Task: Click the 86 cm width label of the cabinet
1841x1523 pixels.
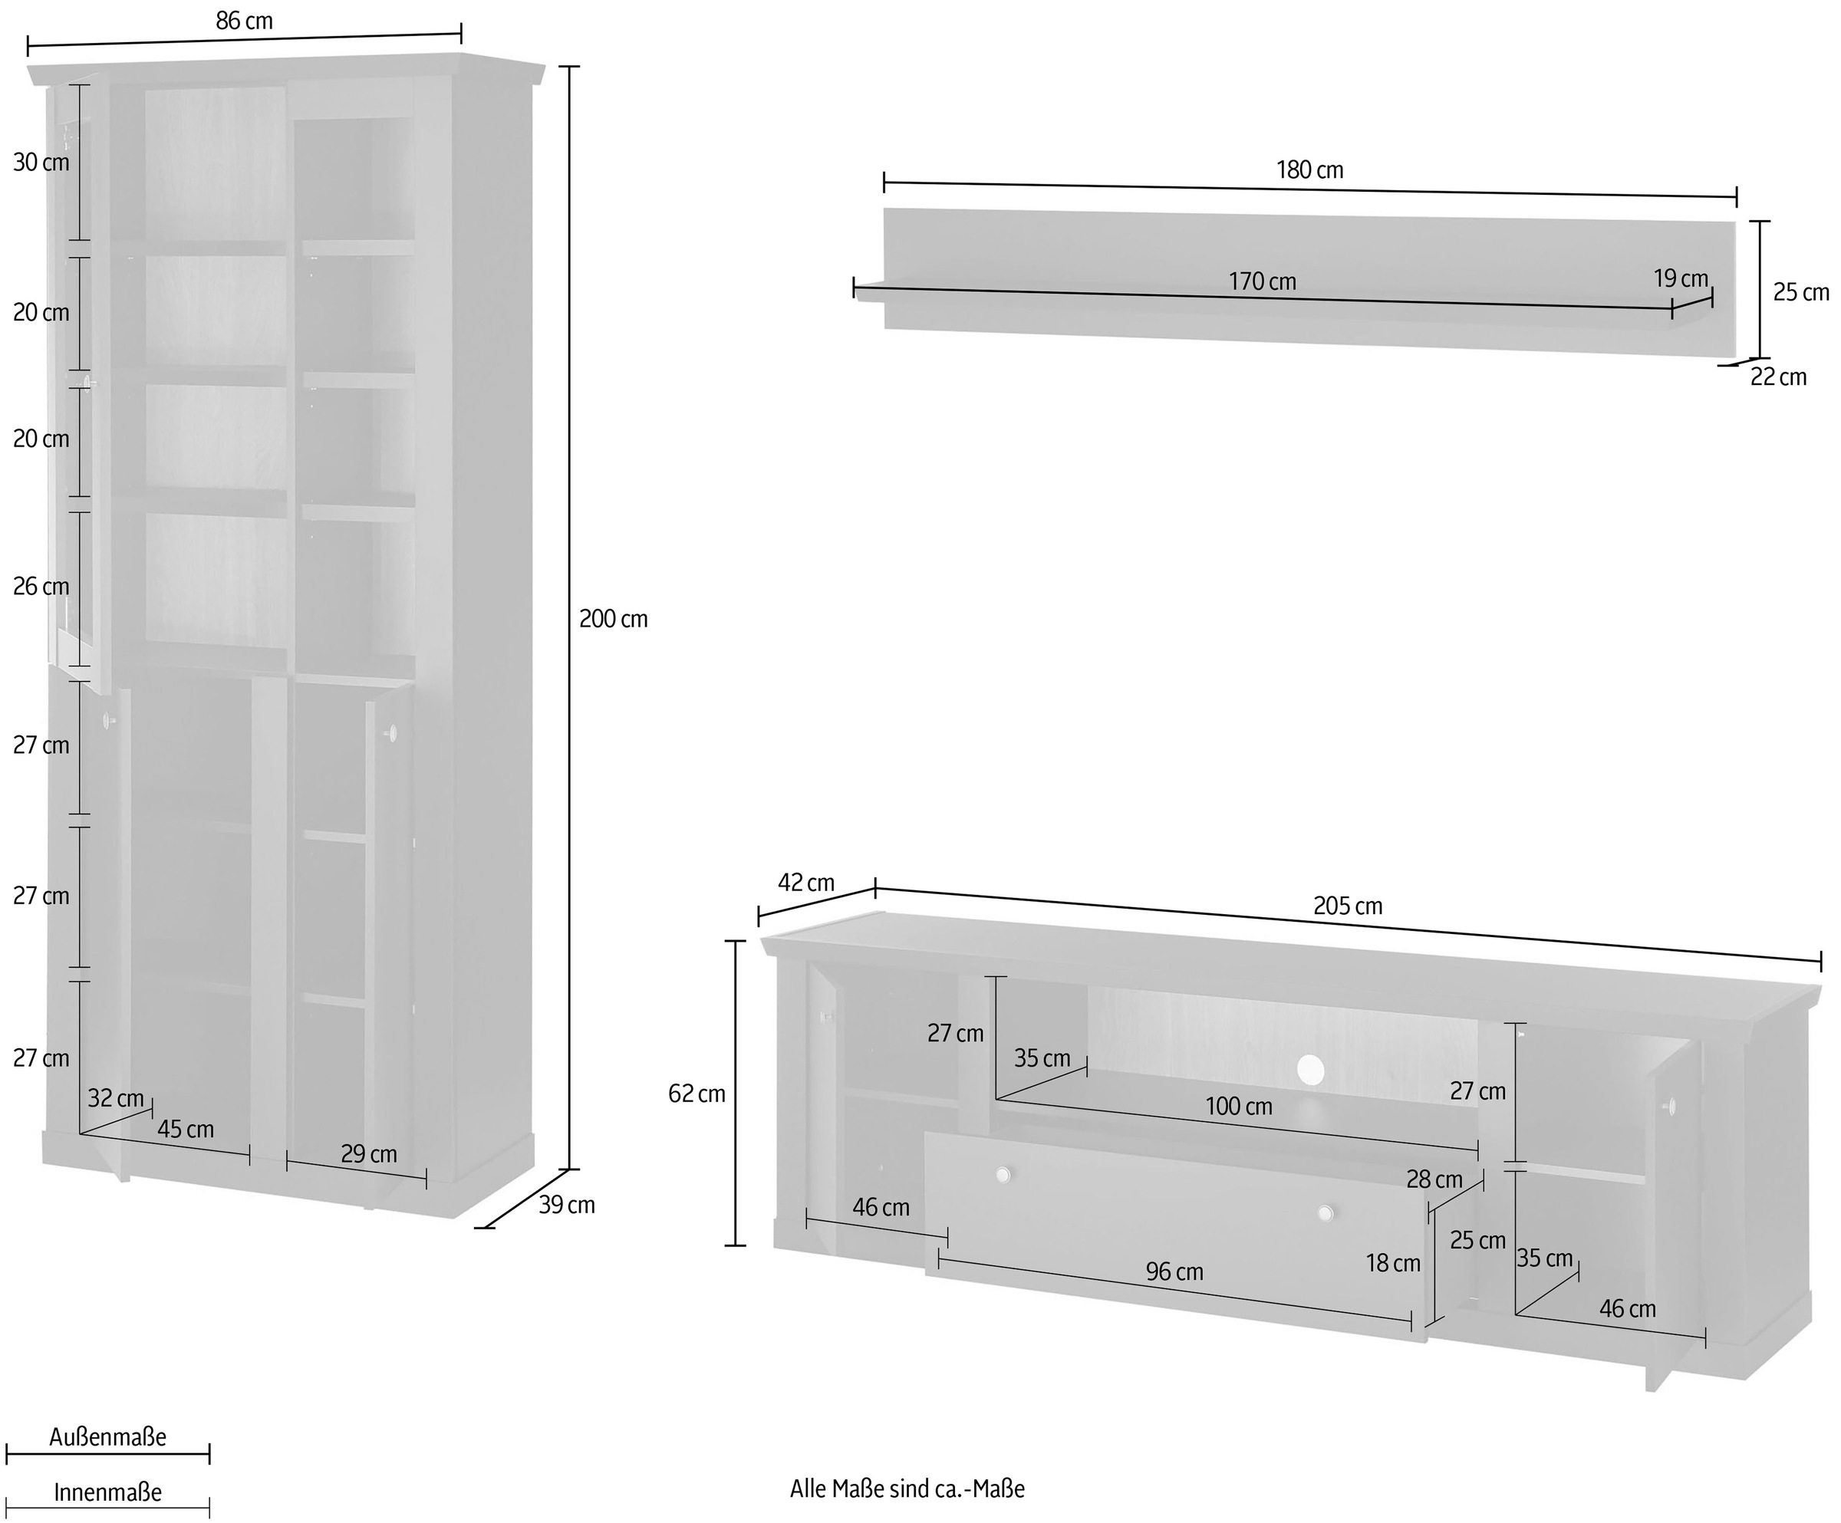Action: [244, 21]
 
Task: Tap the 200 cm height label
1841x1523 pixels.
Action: [613, 620]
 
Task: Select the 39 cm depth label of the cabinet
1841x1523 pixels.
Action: [566, 1205]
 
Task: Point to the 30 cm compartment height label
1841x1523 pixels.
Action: [41, 162]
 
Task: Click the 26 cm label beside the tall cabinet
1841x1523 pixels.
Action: [41, 586]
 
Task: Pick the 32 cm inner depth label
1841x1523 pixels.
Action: [116, 1098]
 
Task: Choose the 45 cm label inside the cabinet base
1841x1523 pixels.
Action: [185, 1130]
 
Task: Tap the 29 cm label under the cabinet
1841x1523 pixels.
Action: [368, 1154]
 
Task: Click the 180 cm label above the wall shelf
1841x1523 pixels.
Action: [1309, 170]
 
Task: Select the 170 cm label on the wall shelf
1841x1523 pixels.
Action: [1262, 281]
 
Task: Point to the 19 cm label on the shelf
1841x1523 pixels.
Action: [1681, 278]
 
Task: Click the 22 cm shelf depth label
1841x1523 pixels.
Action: [1778, 377]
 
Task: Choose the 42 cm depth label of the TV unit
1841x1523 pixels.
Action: [805, 883]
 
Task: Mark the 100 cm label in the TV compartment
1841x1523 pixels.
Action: [1238, 1107]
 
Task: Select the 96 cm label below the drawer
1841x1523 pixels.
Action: [1174, 1271]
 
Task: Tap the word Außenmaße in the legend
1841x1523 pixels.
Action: [107, 1437]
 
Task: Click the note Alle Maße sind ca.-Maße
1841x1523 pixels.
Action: [907, 1488]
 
